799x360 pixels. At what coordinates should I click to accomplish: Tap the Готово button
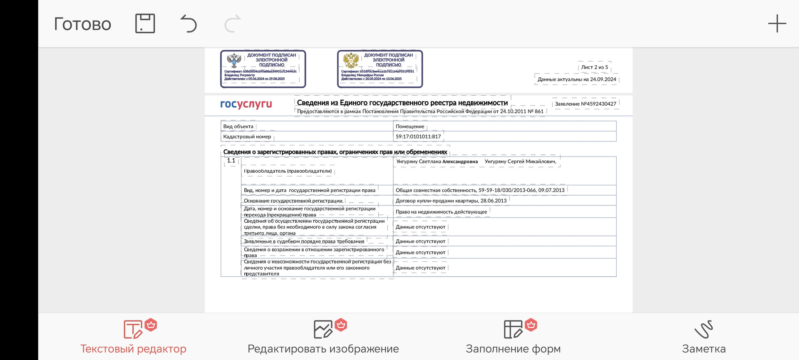[x=82, y=24]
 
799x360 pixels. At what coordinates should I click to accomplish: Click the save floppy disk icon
[x=145, y=23]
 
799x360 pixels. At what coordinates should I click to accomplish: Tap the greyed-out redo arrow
[x=233, y=24]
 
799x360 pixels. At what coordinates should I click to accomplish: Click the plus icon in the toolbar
[x=777, y=24]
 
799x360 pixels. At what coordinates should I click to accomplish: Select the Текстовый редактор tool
[x=133, y=337]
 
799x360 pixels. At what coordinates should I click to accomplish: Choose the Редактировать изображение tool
[x=323, y=337]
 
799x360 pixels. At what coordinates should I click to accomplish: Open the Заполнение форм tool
[x=513, y=337]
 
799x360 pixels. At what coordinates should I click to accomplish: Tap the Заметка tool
[x=703, y=337]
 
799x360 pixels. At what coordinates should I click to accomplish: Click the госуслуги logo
[x=246, y=104]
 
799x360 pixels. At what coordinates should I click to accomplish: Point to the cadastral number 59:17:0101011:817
[x=418, y=137]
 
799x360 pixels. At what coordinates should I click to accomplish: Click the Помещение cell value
[x=410, y=127]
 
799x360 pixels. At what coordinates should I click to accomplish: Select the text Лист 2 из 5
[x=594, y=67]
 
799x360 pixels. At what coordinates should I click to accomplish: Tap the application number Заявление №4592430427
[x=585, y=104]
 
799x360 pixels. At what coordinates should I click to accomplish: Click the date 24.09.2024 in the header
[x=603, y=79]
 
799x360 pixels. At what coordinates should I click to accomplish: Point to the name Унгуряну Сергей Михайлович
[x=520, y=161]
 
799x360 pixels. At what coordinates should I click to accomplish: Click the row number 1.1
[x=231, y=161]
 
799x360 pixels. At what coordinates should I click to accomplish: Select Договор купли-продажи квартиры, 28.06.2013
[x=451, y=201]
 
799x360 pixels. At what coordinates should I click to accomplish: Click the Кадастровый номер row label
[x=247, y=137]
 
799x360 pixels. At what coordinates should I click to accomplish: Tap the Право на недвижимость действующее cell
[x=441, y=212]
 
